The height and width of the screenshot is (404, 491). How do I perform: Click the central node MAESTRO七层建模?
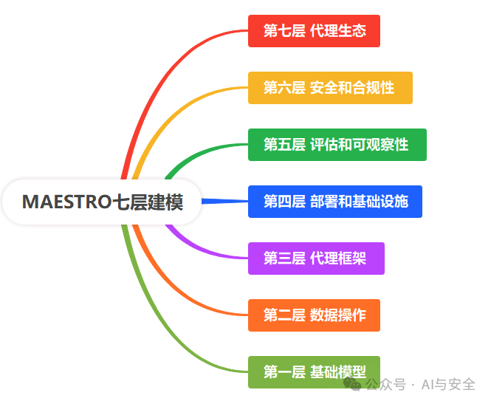[102, 202]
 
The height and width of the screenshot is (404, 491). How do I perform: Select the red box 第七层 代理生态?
[314, 31]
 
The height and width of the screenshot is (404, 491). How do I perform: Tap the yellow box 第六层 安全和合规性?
[330, 88]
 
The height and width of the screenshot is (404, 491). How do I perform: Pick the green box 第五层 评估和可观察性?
[337, 145]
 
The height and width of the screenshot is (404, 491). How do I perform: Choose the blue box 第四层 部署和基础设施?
[335, 202]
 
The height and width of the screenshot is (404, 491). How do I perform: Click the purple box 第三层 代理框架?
[316, 259]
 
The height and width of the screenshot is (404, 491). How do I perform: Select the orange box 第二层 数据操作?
[314, 315]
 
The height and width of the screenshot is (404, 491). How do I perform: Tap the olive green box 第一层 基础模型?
[314, 372]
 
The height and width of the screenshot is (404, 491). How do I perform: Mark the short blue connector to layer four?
[225, 201]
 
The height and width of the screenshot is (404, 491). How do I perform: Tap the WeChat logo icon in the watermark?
[352, 384]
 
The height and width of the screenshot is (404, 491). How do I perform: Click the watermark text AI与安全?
[448, 384]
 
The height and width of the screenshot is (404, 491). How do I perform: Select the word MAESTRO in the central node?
[66, 202]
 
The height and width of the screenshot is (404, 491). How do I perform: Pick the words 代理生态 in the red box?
[338, 31]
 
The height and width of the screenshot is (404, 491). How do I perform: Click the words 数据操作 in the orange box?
[338, 315]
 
